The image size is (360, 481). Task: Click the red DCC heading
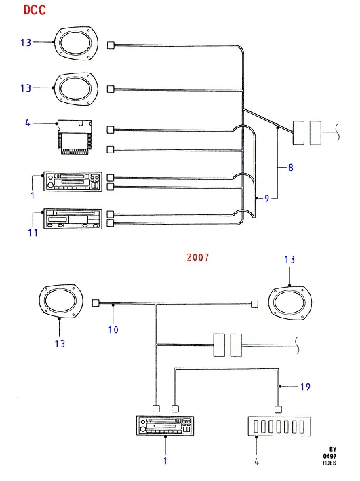(x=35, y=9)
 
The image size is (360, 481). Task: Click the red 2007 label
(x=198, y=257)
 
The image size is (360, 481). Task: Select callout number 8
(x=291, y=168)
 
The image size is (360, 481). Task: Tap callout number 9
(x=267, y=199)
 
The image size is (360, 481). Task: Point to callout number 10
(x=113, y=330)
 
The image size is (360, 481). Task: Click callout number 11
(x=33, y=233)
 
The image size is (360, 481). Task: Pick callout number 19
(x=305, y=387)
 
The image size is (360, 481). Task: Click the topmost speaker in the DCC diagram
(x=76, y=43)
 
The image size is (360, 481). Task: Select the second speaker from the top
(x=76, y=90)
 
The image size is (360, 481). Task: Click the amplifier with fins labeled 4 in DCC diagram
(x=75, y=137)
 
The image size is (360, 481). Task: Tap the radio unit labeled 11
(x=73, y=218)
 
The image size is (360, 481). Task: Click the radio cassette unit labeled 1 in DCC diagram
(x=73, y=182)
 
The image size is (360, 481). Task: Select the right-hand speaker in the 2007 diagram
(x=289, y=303)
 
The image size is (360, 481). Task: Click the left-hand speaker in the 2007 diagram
(x=61, y=301)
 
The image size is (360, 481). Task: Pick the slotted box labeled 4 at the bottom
(x=279, y=427)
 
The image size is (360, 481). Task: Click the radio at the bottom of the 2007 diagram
(x=165, y=425)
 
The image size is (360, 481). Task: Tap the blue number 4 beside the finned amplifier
(x=28, y=123)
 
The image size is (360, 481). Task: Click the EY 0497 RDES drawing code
(x=329, y=456)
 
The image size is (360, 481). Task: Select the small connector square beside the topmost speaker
(x=111, y=45)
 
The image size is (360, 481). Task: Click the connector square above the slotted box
(x=278, y=409)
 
